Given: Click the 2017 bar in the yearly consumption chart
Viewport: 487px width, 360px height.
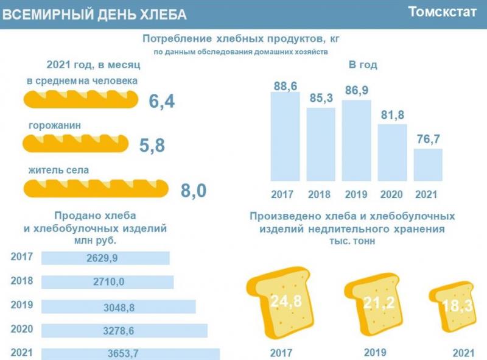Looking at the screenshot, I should tap(285, 137).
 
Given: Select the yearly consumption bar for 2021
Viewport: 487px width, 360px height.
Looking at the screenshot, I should tap(428, 165).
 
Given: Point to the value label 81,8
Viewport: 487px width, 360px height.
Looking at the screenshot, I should tap(392, 115).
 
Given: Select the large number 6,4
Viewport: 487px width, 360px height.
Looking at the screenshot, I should tap(162, 101).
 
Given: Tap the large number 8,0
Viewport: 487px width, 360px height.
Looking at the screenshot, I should tap(194, 191).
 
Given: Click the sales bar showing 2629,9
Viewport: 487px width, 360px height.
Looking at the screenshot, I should tap(105, 258).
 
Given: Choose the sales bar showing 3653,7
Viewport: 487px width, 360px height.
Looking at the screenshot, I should tap(130, 353).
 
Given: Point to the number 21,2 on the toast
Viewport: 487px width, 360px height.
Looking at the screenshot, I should tap(374, 303).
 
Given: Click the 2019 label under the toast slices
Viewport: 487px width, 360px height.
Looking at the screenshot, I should tap(375, 352).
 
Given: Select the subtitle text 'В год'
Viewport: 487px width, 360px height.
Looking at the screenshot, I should tap(363, 65).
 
